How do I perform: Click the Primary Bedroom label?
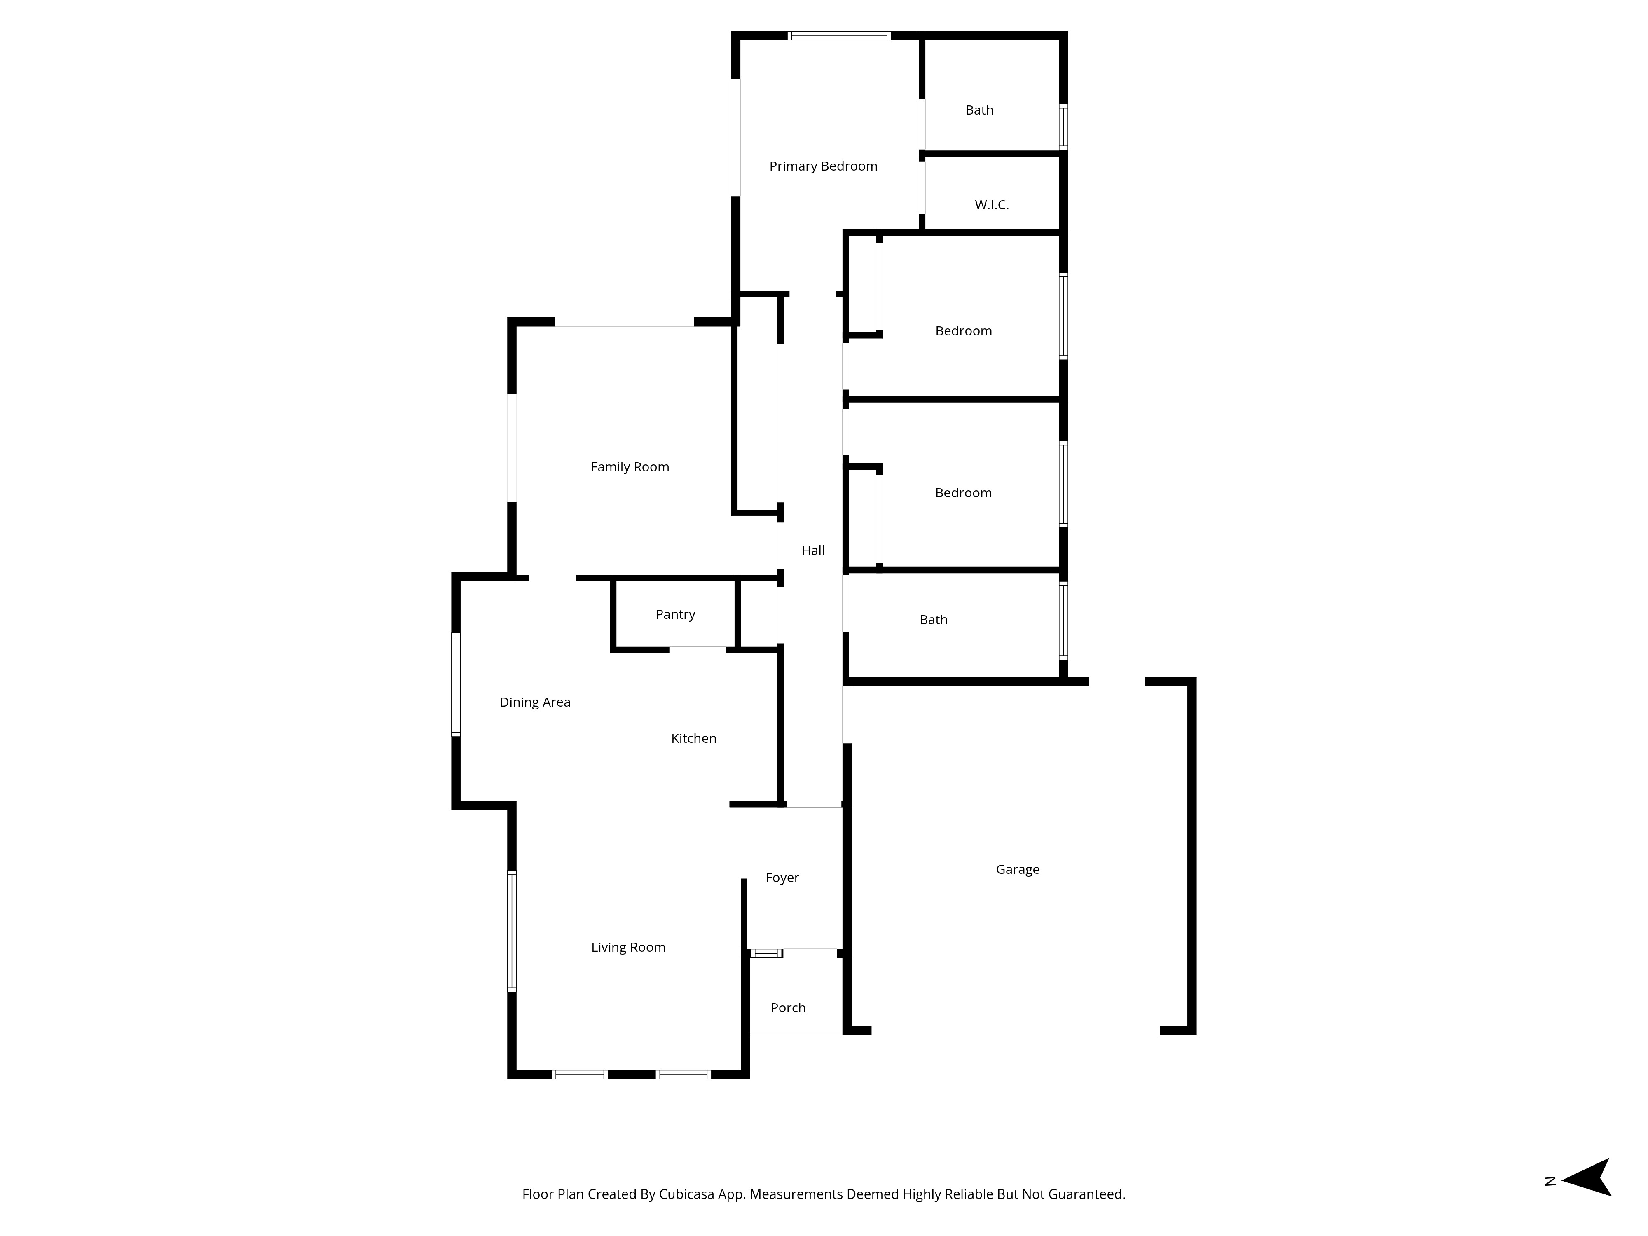823,166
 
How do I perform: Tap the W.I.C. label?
992,205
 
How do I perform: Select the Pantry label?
675,615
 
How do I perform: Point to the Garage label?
1017,869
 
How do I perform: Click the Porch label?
787,1008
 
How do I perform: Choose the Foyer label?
782,878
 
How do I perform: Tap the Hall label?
813,550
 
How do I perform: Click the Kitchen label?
693,738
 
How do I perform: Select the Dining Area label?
534,702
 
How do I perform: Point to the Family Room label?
630,467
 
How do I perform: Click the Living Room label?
628,948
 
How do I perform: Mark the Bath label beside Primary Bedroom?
979,110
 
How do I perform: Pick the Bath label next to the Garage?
933,620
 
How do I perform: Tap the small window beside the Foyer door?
766,954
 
